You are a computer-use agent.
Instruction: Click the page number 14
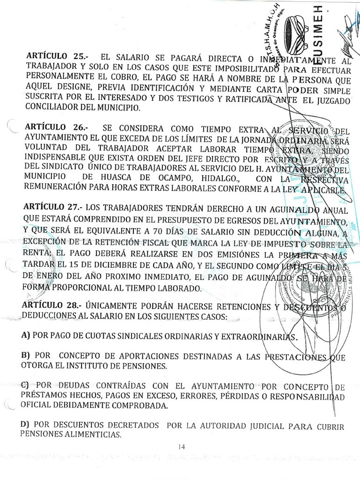182,447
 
